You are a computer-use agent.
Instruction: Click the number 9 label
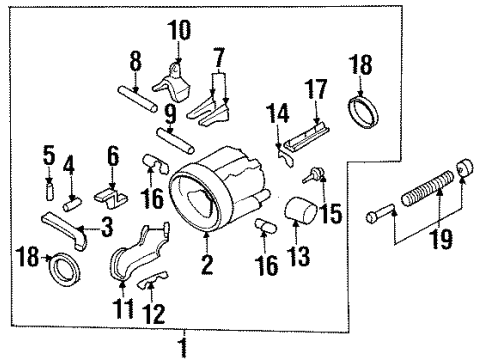[169, 112]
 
